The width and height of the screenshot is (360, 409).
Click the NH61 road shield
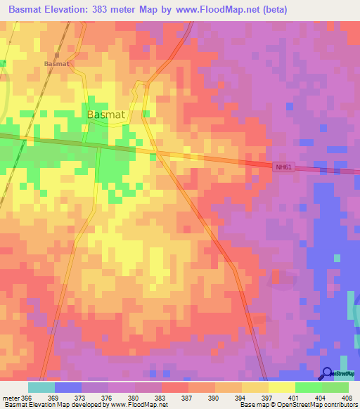tap(282, 167)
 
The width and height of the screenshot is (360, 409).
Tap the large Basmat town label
tap(105, 115)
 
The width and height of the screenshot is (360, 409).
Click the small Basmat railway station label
tap(57, 63)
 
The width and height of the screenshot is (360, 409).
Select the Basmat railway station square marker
tap(56, 55)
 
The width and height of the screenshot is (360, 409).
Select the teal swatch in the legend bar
tap(41, 387)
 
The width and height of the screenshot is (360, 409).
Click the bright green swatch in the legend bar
tap(309, 387)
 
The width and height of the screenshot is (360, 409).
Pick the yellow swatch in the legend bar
tap(282, 387)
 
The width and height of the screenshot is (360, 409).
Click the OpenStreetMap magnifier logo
tap(328, 374)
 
